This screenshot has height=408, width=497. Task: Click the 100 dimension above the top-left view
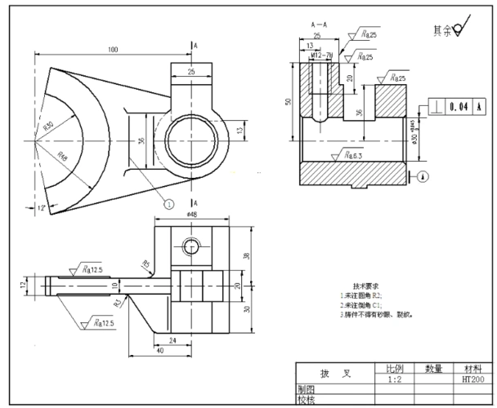pyautogui.click(x=112, y=50)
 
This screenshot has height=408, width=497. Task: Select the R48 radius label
pyautogui.click(x=63, y=155)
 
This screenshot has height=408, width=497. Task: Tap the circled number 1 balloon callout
pyautogui.click(x=169, y=205)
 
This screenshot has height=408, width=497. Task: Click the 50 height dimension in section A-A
pyautogui.click(x=288, y=102)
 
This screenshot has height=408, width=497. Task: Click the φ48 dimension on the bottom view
pyautogui.click(x=191, y=215)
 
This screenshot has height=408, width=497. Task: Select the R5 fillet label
pyautogui.click(x=146, y=264)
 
